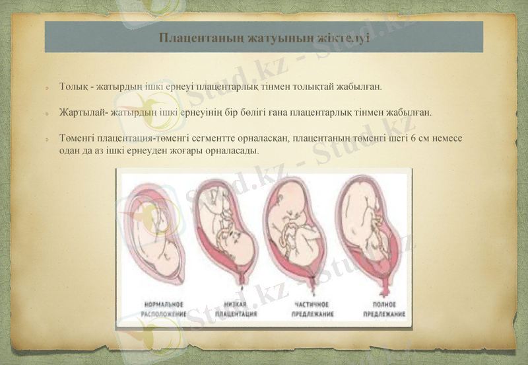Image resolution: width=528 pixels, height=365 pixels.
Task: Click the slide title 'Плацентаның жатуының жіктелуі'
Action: pos(263,37)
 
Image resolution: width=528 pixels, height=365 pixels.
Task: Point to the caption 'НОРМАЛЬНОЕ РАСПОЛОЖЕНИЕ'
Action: pos(164,309)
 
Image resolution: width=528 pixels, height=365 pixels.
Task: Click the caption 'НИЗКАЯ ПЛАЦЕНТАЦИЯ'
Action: pos(236,309)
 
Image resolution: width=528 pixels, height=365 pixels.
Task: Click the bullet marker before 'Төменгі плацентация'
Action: pos(48,140)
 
